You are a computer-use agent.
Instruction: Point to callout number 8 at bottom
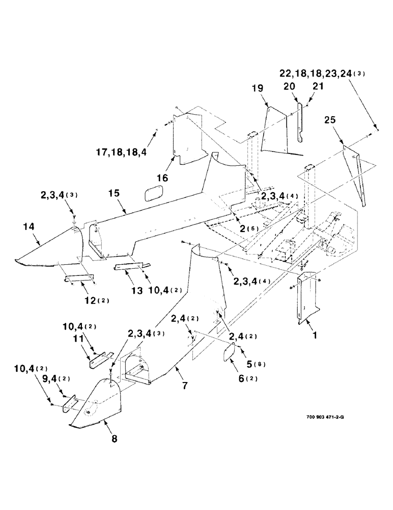(x=114, y=438)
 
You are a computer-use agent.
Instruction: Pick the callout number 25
(x=329, y=121)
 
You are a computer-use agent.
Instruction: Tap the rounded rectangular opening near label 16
(x=152, y=193)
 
